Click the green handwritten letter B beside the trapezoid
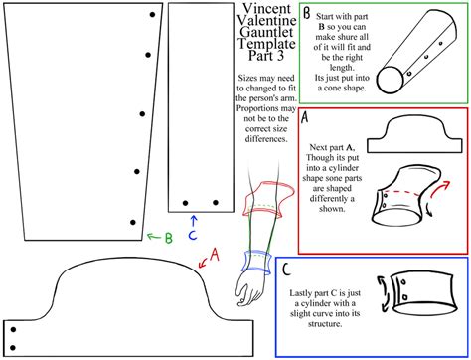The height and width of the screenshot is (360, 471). pos(169,238)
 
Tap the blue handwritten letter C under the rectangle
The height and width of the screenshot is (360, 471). pos(193,235)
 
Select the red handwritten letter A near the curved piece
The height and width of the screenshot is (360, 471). pos(215,255)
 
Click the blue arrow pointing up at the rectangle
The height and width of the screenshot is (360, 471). pos(194,221)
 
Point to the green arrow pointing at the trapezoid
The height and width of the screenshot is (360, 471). pos(154,237)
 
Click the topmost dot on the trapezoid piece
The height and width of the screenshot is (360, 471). pos(152,15)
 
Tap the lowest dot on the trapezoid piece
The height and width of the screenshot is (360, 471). pos(133,222)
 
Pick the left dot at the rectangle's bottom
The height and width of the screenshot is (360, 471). pos(186,203)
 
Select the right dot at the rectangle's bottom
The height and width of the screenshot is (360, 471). pos(216,202)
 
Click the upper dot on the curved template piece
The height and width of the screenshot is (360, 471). pos(13,330)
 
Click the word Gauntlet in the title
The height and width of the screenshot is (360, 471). pos(266,33)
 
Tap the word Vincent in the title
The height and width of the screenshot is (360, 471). pos(266,8)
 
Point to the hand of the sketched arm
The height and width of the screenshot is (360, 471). pos(250,289)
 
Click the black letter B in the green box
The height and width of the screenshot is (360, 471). pos(307,14)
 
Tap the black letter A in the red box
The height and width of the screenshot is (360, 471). pos(305,117)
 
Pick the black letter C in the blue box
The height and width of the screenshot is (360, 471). pos(286,270)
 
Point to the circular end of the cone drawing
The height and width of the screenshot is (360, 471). pos(391,80)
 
